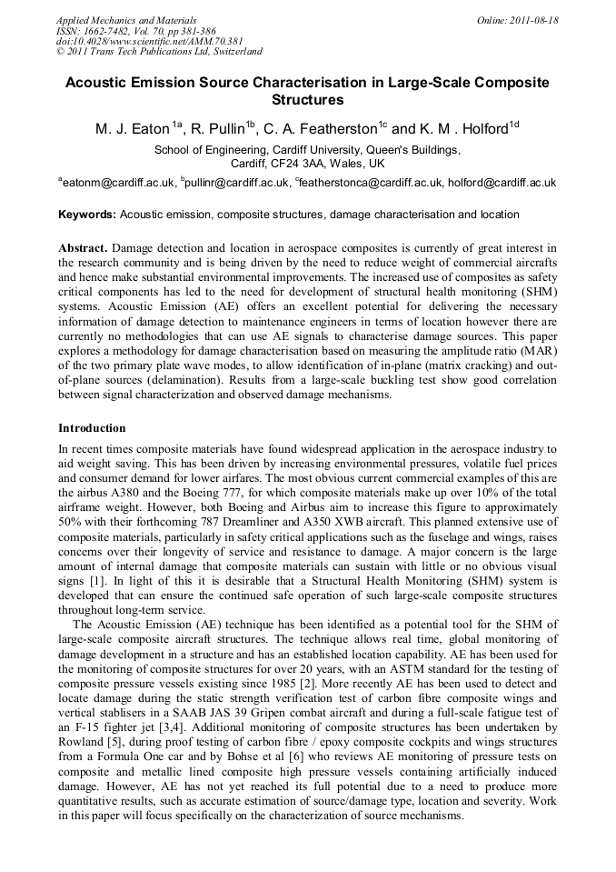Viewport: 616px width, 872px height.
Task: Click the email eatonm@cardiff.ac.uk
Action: pyautogui.click(x=119, y=183)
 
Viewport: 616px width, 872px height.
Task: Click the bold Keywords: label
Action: pyautogui.click(x=87, y=215)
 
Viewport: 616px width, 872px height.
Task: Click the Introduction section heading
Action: pyautogui.click(x=92, y=427)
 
